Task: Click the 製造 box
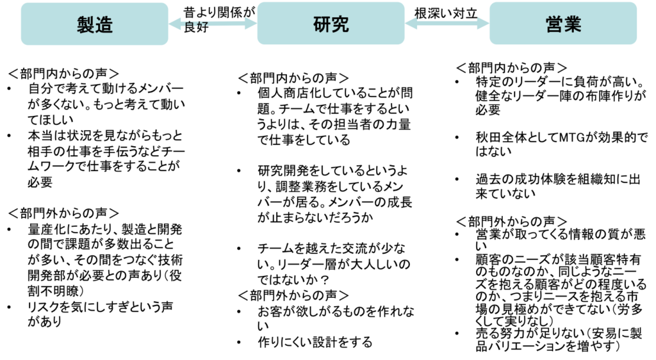tap(94, 24)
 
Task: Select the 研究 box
tap(331, 24)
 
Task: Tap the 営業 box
tap(563, 24)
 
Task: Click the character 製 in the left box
tap(86, 25)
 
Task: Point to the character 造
tap(104, 25)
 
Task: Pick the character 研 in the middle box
tap(322, 24)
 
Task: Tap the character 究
tap(340, 24)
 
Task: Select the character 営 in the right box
tap(554, 24)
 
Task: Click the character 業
tap(573, 24)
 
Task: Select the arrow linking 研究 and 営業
tap(447, 24)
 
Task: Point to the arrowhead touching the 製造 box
tap(174, 24)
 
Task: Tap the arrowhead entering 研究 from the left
tap(251, 24)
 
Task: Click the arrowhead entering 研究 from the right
tap(411, 24)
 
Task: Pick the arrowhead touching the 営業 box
tap(484, 24)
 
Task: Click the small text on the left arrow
tap(195, 24)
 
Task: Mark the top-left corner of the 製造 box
tap(22, 4)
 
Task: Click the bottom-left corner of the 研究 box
tap(259, 43)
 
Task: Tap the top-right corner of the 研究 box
tap(403, 4)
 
